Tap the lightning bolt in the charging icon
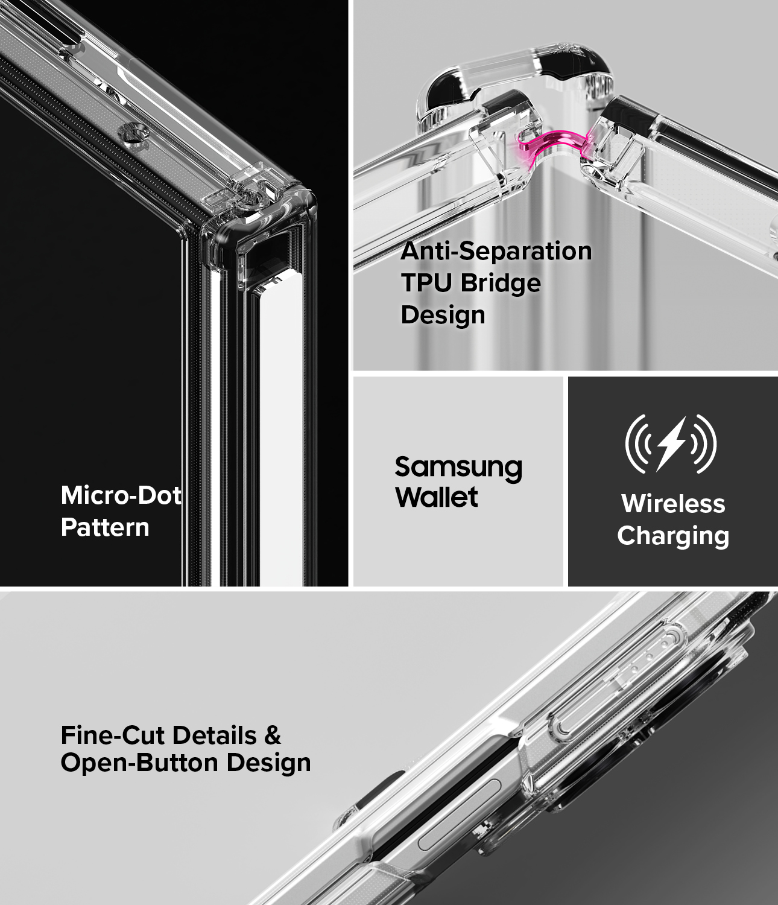[x=671, y=445]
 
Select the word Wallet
[x=436, y=497]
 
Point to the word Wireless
[x=673, y=504]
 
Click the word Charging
[x=673, y=536]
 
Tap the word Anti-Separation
[x=496, y=251]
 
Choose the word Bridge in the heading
[x=501, y=284]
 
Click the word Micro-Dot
[x=121, y=495]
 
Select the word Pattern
[x=105, y=527]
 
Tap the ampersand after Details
[x=272, y=735]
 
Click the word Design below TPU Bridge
[x=443, y=315]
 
